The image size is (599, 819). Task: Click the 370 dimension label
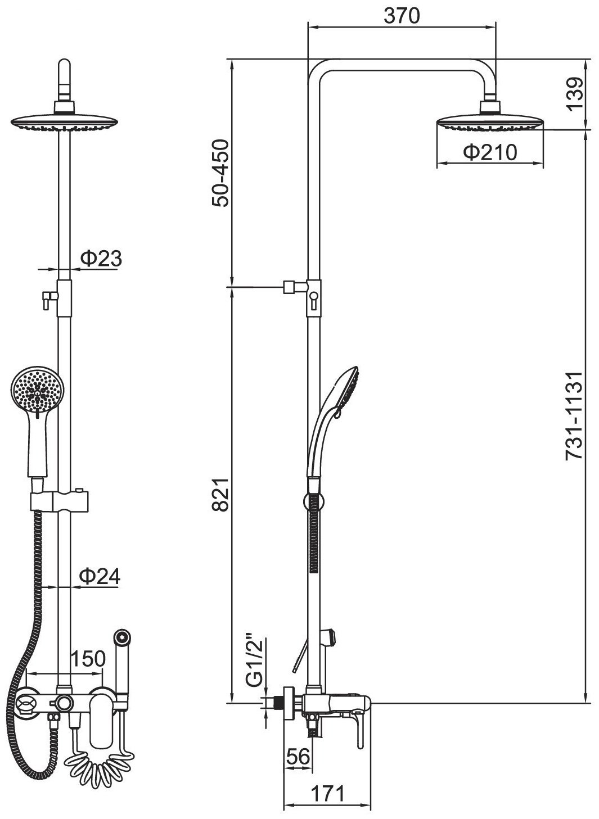(402, 16)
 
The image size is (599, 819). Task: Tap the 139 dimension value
(575, 93)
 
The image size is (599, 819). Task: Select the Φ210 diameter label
(490, 152)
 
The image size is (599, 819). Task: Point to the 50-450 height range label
(220, 173)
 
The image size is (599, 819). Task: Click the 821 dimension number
(220, 494)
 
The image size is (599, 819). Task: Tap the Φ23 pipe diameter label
(101, 258)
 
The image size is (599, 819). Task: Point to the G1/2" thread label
(255, 663)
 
